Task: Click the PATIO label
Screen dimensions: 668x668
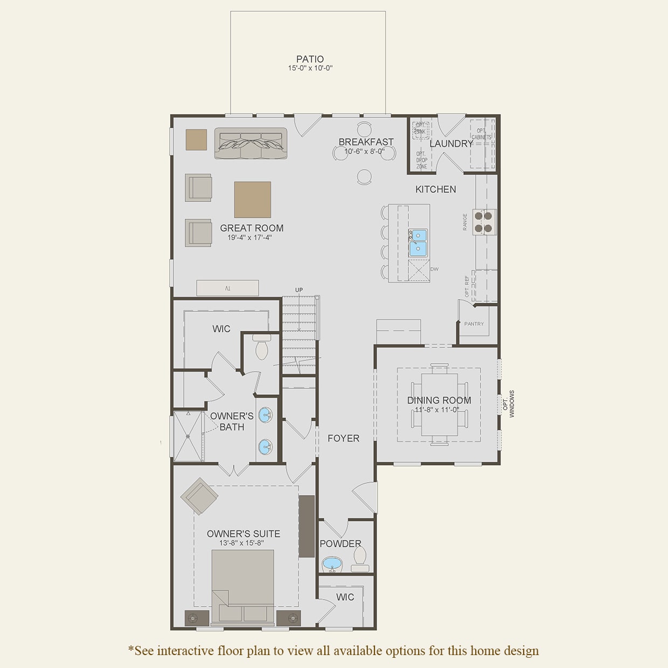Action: click(x=310, y=59)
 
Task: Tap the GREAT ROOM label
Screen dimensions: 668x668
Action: click(x=252, y=228)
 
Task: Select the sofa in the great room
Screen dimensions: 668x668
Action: click(x=250, y=143)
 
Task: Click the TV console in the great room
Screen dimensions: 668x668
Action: click(x=227, y=288)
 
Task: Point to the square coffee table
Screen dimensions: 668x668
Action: click(x=252, y=199)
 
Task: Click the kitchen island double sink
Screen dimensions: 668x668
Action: click(x=418, y=242)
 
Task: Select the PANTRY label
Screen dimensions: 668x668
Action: click(x=474, y=324)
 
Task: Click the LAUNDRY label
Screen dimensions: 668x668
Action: click(x=451, y=144)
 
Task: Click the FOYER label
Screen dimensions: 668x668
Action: click(x=343, y=439)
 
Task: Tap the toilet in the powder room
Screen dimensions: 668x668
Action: click(x=360, y=559)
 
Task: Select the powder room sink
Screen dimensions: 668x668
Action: click(x=332, y=565)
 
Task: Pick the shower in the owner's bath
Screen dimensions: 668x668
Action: click(x=187, y=436)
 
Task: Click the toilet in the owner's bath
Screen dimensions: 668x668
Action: click(x=262, y=347)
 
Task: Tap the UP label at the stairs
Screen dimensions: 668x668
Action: click(x=299, y=290)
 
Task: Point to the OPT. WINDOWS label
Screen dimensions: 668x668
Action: click(x=509, y=404)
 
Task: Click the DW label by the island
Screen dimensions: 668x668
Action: click(x=434, y=269)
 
